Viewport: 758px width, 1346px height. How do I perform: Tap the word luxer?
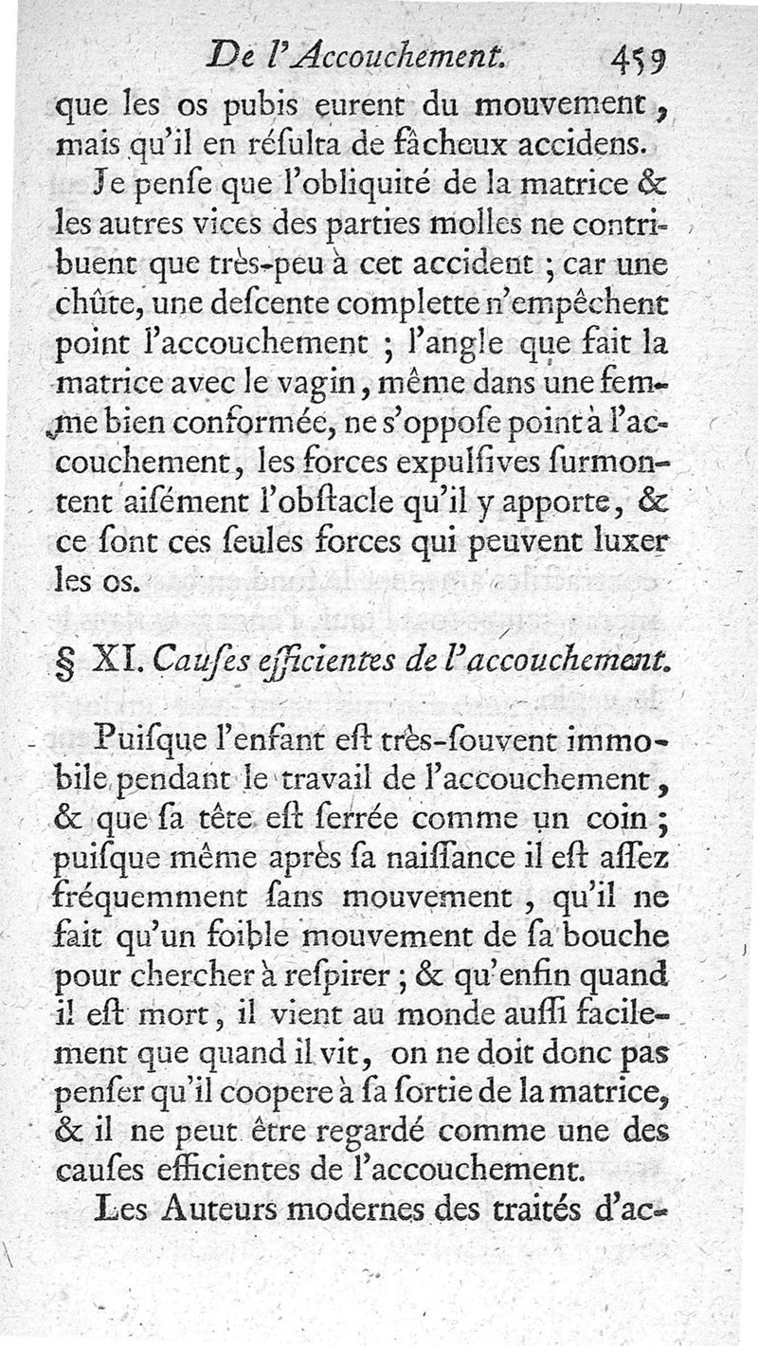660,547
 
